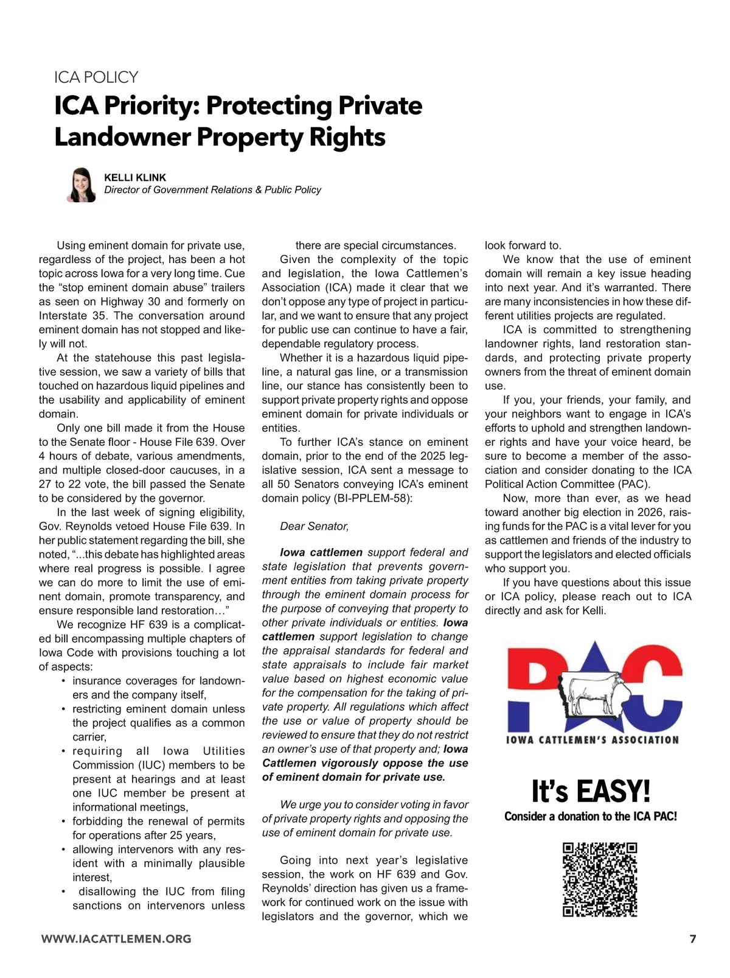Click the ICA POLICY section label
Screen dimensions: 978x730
[96, 77]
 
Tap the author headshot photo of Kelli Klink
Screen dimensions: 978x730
[82, 185]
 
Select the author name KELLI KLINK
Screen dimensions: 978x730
[135, 177]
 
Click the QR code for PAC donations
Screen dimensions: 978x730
[600, 879]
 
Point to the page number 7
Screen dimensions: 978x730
[692, 938]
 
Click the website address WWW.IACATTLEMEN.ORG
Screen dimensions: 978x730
[116, 939]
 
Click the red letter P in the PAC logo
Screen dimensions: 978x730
[532, 682]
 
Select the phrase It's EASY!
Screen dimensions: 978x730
[591, 791]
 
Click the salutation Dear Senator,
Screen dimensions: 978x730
[314, 526]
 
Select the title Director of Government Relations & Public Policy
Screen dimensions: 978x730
[212, 190]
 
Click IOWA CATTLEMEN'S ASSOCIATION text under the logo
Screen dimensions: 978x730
[592, 740]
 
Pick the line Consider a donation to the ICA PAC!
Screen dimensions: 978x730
[590, 817]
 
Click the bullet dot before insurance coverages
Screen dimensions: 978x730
[63, 681]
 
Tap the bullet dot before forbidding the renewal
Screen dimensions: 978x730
[63, 821]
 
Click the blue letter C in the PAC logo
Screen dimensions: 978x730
[654, 685]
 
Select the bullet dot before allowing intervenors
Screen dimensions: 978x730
[63, 849]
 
